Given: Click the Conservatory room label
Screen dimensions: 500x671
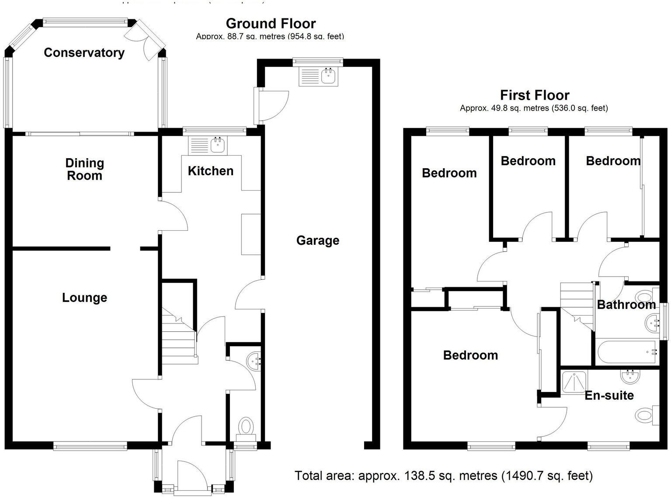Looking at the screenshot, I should click(x=84, y=52).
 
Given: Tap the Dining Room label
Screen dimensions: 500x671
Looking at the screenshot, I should click(x=84, y=169).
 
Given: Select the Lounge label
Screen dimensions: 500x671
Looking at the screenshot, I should click(x=84, y=298).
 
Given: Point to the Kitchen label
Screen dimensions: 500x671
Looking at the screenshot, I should click(x=210, y=171).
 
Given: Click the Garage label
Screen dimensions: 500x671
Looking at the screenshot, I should click(x=317, y=240).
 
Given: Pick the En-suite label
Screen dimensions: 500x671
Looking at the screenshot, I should click(x=609, y=395).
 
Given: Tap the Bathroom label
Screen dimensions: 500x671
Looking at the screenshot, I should click(x=626, y=305).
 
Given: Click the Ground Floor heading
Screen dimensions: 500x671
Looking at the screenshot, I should click(x=271, y=23).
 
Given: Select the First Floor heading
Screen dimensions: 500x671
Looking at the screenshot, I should click(x=534, y=95).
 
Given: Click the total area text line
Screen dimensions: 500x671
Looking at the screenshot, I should click(x=443, y=476).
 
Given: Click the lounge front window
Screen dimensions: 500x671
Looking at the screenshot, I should click(x=90, y=446).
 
